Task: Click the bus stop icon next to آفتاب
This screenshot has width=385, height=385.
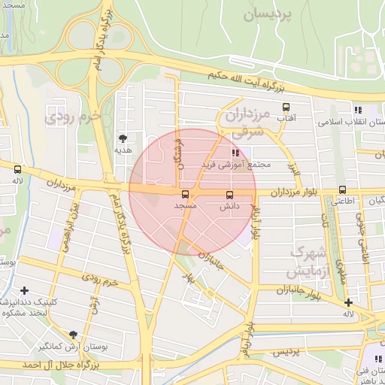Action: [286, 108]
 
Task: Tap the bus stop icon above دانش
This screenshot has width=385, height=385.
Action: [229, 193]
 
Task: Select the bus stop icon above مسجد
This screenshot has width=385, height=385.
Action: [186, 193]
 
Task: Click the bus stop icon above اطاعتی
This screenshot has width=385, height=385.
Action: [343, 189]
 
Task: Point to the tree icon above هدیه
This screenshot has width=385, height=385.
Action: [123, 138]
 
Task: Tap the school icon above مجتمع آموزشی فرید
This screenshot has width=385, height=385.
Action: [225, 153]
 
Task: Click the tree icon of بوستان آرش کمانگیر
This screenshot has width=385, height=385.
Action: [73, 335]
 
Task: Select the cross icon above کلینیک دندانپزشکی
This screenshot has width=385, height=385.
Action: [25, 290]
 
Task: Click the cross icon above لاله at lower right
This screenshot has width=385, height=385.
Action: [348, 302]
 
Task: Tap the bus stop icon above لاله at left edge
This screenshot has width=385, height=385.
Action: [17, 169]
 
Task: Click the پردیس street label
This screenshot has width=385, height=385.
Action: [286, 351]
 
